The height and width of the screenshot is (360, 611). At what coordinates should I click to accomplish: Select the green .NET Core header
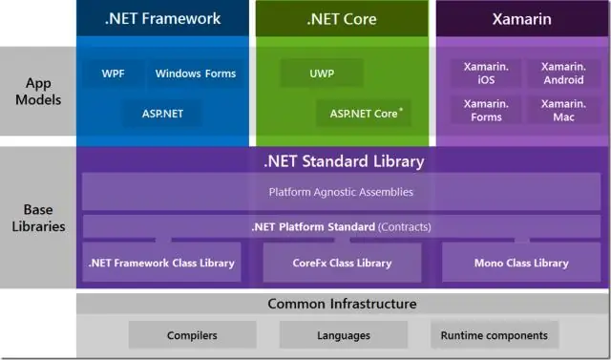[342, 18]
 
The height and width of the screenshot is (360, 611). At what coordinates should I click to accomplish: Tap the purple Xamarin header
[521, 18]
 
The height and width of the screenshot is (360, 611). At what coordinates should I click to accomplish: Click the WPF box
[114, 74]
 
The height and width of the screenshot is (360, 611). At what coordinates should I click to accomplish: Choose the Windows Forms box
[195, 74]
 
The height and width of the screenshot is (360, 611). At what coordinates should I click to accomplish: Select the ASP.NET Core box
[364, 114]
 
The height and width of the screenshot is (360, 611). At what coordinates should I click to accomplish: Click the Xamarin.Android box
[562, 74]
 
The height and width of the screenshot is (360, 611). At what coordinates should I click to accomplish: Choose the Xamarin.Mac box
[562, 111]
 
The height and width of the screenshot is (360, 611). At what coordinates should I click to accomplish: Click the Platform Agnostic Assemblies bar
[341, 192]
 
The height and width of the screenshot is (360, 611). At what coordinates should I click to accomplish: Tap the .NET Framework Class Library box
[160, 263]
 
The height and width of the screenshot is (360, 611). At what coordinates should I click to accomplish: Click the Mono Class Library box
[521, 263]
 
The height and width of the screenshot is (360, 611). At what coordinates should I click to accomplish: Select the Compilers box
[192, 335]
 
